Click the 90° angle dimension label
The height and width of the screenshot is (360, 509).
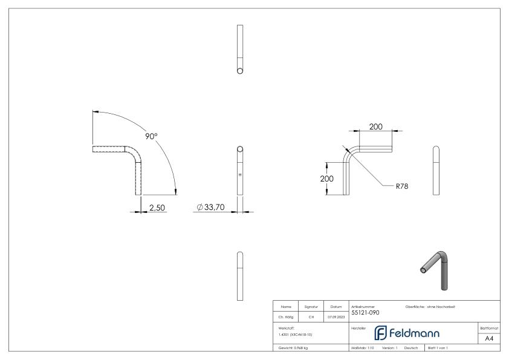[x=151, y=136]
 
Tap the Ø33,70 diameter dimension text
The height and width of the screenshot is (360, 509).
[x=212, y=208]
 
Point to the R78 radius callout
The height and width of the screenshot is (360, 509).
[x=402, y=186]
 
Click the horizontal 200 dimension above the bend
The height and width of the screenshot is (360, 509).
[x=376, y=127]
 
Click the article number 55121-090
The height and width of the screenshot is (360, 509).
[x=366, y=313]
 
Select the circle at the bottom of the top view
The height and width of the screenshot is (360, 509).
[x=240, y=70]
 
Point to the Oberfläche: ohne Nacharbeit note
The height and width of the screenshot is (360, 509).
[x=430, y=307]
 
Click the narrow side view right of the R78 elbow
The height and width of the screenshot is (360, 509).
[x=437, y=171]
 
